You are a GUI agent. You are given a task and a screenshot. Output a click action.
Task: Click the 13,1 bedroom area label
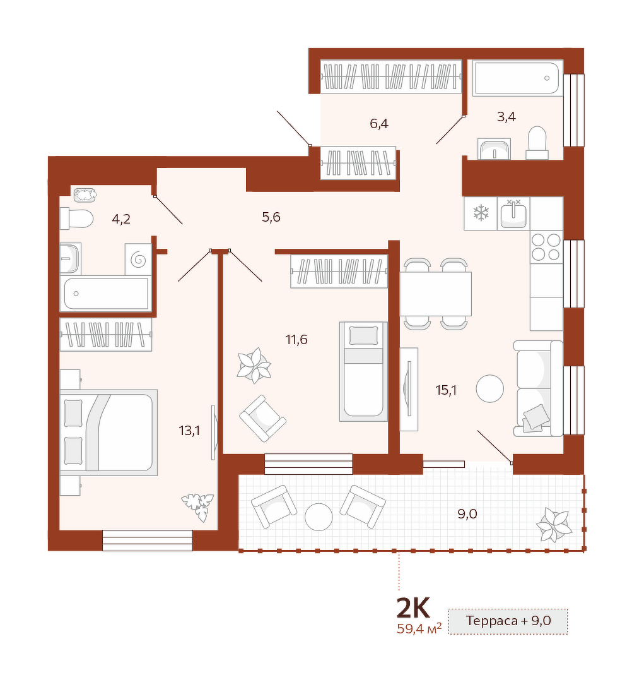pos(189,431)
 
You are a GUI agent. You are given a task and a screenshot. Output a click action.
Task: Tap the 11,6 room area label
pos(296,339)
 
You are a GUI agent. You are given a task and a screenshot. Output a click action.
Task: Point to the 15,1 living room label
pos(446,390)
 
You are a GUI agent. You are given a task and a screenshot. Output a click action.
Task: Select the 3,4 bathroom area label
pos(506,117)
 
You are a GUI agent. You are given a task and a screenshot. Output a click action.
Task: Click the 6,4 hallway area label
pos(379,124)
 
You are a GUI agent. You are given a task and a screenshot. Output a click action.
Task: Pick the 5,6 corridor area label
pos(271,217)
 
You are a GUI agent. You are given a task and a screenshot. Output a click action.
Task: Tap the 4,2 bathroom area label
pos(120,218)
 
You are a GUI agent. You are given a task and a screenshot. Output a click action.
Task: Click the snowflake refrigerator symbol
pos(481,213)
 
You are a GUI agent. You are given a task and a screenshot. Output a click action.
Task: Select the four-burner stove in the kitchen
pos(546,247)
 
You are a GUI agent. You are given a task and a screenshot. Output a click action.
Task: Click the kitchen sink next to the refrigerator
pos(513,214)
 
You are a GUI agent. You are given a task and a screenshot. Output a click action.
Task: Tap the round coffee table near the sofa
pos(490,388)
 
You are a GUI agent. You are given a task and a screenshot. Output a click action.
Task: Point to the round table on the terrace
pos(319,517)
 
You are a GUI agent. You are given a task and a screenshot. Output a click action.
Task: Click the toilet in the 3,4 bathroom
pos(537,143)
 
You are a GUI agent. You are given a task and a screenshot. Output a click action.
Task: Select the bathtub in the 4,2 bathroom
pos(106,294)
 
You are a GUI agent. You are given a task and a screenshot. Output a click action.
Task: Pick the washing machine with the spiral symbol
pos(138,260)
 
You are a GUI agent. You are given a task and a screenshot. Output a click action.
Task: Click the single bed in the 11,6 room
pos(363,372)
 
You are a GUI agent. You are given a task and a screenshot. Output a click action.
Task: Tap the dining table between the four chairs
pos(436,294)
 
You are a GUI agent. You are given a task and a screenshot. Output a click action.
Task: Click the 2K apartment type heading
pos(413,608)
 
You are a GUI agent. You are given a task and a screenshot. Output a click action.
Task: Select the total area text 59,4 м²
pos(419,628)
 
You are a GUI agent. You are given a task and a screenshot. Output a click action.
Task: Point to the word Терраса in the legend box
pos(492,621)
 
